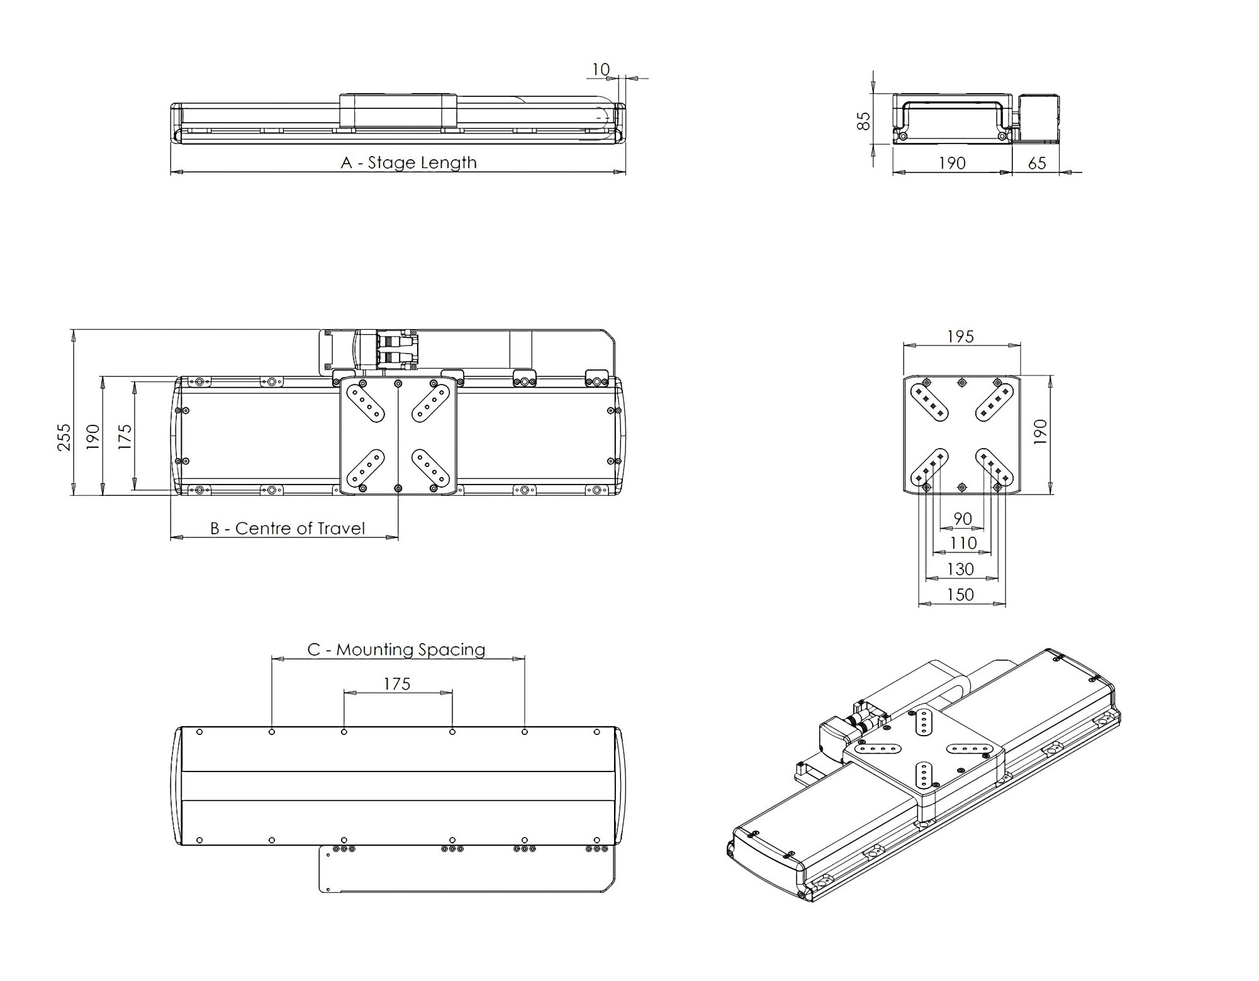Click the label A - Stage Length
[408, 162]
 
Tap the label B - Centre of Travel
[287, 528]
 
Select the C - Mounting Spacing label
[396, 649]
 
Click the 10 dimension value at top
[601, 69]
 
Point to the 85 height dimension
[865, 120]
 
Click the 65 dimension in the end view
[1036, 164]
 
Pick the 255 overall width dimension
[64, 436]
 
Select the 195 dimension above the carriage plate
[960, 337]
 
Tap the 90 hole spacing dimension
[962, 519]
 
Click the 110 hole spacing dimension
[963, 543]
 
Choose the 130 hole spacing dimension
[960, 569]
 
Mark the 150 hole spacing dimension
[960, 595]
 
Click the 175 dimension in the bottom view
[397, 684]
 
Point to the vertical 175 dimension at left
[125, 436]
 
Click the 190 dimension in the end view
[951, 164]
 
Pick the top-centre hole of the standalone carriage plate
[961, 382]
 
